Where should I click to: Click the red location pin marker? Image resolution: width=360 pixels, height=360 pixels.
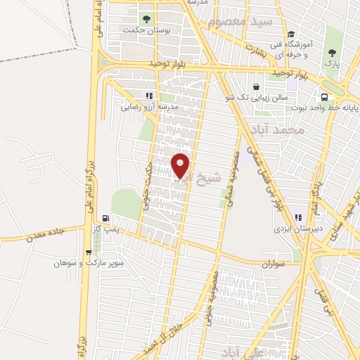(181, 165)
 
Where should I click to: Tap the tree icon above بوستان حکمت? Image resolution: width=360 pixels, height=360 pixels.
(146, 19)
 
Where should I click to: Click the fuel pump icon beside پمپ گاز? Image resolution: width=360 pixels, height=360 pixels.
(105, 219)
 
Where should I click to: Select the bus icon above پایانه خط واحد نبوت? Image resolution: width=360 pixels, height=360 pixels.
(324, 98)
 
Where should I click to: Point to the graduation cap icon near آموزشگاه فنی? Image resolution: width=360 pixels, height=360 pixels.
(291, 34)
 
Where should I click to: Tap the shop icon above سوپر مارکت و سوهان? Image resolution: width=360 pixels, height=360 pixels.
(88, 252)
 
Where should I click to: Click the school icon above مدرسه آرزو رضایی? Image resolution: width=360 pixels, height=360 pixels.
(148, 95)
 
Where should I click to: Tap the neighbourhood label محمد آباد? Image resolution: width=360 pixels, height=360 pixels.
(280, 130)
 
